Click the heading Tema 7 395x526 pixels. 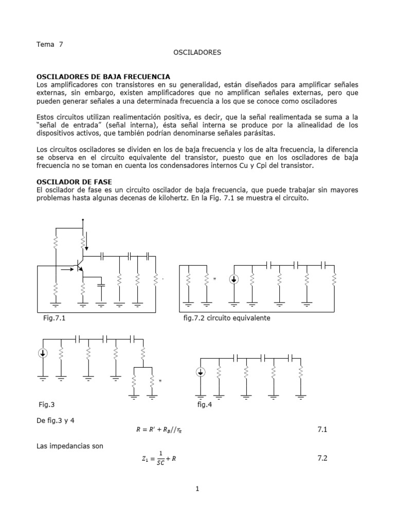[x=50, y=44]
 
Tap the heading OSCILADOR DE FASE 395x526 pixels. [x=75, y=182]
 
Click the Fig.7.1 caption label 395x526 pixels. [x=55, y=318]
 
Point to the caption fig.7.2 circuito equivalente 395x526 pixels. [x=227, y=318]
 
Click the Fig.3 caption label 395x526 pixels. [x=47, y=405]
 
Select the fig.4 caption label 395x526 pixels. [x=205, y=405]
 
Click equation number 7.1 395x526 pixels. [x=322, y=429]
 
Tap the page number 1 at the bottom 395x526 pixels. [x=197, y=489]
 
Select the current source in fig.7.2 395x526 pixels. [x=234, y=279]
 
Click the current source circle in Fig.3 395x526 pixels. [x=43, y=353]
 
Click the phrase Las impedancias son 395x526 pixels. [x=70, y=446]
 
